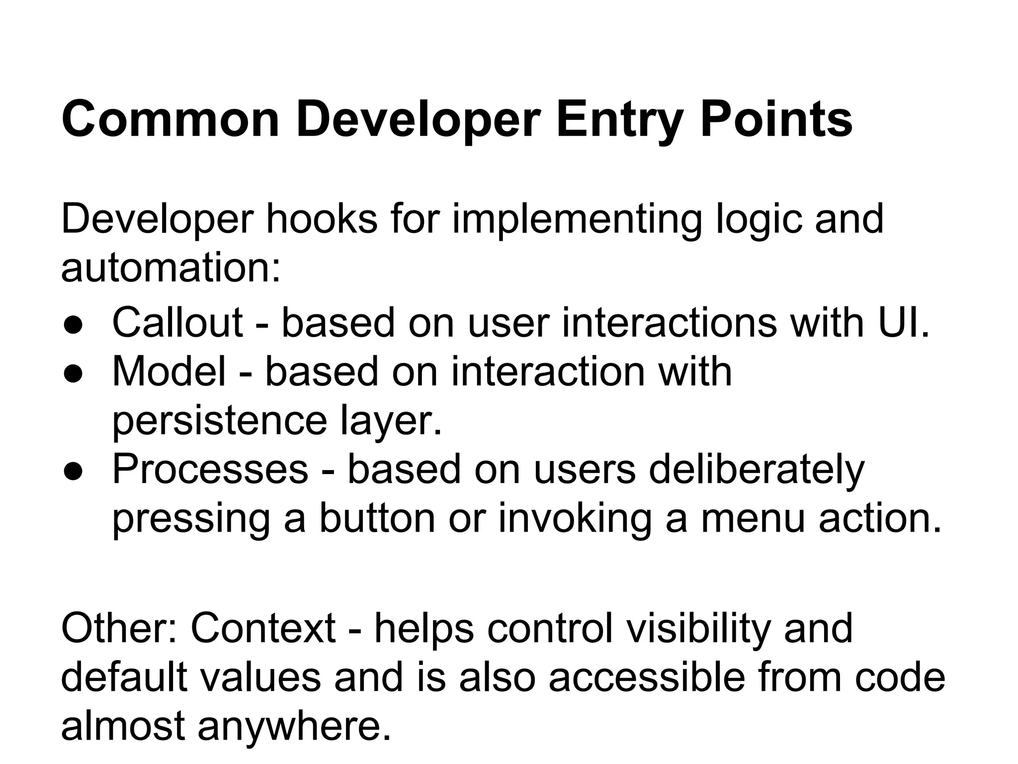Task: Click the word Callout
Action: click(x=177, y=322)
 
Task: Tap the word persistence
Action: click(x=219, y=421)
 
